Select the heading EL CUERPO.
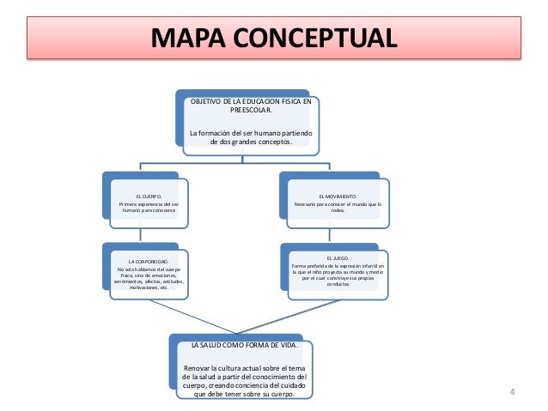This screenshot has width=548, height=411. click(x=148, y=196)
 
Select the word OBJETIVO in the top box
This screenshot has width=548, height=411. click(x=206, y=101)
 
